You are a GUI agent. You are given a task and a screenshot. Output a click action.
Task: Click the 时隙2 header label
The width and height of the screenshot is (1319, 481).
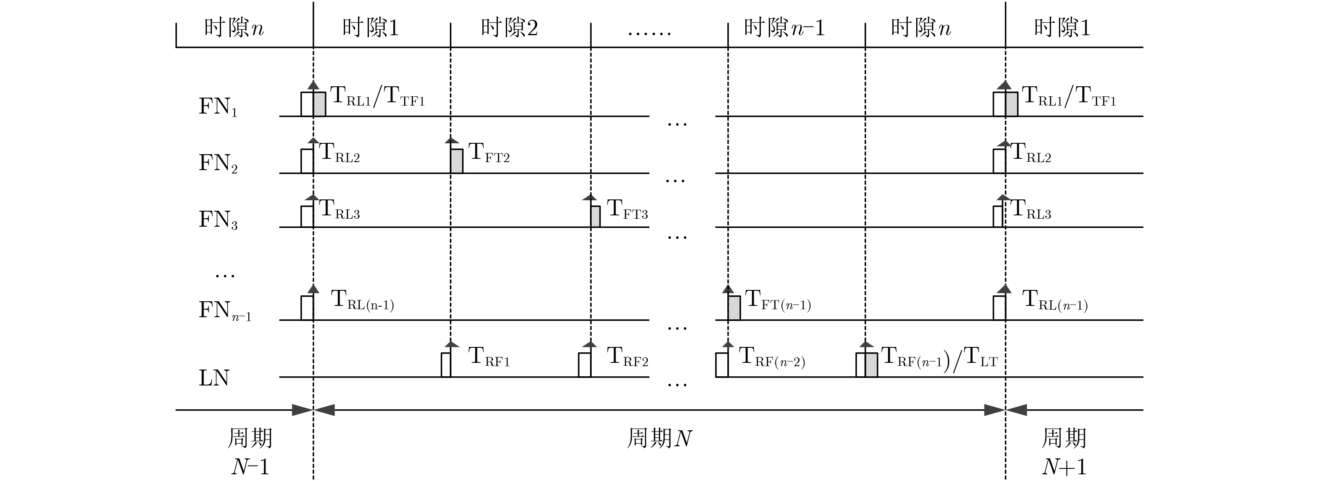[x=509, y=28]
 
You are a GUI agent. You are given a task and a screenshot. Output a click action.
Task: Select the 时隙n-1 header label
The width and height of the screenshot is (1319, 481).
[x=784, y=28]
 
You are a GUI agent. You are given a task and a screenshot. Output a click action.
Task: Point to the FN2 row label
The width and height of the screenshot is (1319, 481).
[x=218, y=163]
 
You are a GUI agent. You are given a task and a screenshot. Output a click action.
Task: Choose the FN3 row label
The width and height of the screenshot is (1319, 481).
[x=218, y=220]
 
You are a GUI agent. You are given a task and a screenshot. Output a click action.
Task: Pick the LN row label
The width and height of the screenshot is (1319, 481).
[x=214, y=378]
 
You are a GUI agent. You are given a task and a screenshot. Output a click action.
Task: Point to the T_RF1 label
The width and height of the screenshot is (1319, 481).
[x=489, y=357]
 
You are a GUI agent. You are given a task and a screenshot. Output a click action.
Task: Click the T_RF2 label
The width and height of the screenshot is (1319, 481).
[x=627, y=357]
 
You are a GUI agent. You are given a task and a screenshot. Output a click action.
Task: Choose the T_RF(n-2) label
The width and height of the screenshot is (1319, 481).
[x=772, y=357]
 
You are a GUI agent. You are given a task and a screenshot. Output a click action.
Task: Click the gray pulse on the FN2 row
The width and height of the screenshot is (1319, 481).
[x=457, y=161]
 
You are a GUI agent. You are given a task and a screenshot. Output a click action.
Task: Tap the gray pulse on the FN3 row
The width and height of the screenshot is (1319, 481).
[x=595, y=216]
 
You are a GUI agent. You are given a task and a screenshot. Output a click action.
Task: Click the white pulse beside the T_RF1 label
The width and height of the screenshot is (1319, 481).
[x=446, y=365]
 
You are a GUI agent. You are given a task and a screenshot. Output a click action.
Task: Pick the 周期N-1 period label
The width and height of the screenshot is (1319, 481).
[x=250, y=452]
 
